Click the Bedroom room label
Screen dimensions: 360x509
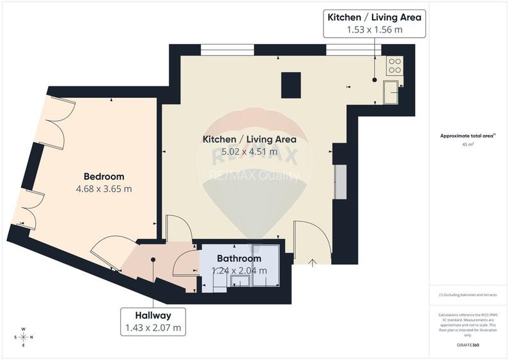104,176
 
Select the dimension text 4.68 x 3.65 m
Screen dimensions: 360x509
104,189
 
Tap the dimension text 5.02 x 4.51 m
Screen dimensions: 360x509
249,152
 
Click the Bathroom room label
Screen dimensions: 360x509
239,258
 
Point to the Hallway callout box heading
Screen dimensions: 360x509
153,315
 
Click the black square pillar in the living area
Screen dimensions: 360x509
291,85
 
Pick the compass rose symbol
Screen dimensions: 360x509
24,336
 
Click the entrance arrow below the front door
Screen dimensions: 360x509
312,262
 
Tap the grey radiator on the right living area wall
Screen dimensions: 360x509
340,182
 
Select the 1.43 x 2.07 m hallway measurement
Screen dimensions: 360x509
153,329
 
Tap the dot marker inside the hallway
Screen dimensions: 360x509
153,260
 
